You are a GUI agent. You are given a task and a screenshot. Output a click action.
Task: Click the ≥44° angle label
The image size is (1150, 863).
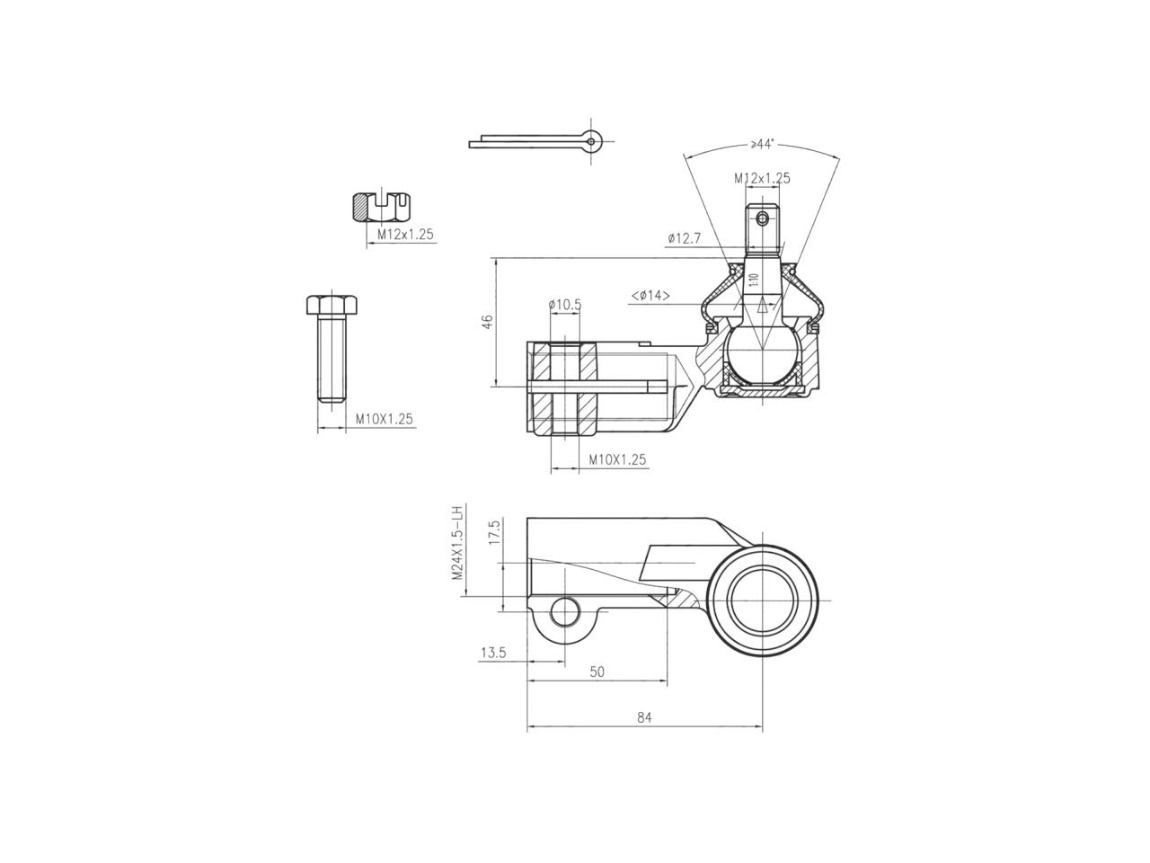763,144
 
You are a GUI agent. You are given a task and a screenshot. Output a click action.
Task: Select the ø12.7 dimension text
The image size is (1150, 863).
684,238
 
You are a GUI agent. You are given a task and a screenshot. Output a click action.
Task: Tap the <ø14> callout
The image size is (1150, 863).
650,295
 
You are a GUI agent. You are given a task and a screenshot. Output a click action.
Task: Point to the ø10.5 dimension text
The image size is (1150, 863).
565,305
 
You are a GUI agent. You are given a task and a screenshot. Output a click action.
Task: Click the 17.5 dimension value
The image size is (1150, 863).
492,532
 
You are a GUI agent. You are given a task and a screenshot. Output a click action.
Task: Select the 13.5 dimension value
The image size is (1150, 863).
492,654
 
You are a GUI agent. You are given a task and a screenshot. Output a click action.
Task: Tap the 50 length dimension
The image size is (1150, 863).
597,672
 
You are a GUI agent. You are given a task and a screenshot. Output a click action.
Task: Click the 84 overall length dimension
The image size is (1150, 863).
644,717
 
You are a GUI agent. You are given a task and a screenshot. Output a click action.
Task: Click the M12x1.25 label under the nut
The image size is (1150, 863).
405,234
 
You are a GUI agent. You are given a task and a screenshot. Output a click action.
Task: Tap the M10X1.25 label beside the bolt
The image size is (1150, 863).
384,419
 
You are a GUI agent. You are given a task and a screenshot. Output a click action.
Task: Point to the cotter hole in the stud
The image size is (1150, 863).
763,218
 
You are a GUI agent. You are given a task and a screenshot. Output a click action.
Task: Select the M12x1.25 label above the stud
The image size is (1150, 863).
762,178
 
